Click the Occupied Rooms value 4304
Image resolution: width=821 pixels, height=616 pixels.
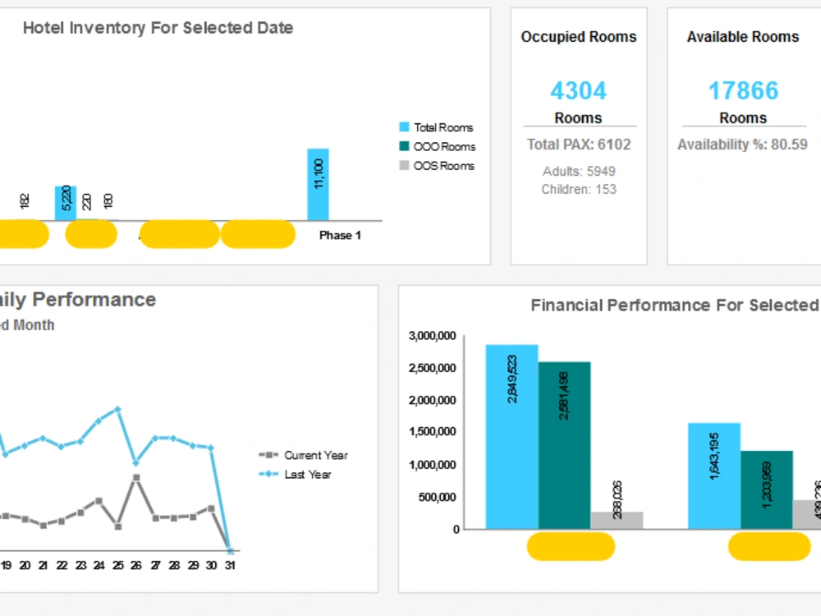point(578,90)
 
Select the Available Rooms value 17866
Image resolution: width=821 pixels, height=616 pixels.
point(743,90)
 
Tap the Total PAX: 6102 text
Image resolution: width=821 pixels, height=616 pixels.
point(578,145)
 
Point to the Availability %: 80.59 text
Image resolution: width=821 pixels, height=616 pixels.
point(742,145)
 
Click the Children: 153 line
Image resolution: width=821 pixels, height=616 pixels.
point(578,189)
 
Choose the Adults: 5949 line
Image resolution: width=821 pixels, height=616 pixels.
point(578,171)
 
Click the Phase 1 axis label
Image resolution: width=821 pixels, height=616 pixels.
point(340,236)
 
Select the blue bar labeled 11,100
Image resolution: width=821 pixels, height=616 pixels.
point(318,185)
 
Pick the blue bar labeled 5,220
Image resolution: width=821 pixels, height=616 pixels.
point(66,203)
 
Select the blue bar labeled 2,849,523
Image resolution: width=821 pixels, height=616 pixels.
point(511,436)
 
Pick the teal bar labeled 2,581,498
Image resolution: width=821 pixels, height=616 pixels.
point(564,444)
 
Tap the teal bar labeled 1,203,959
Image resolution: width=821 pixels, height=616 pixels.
point(766,490)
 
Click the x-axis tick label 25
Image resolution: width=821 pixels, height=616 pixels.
point(117,566)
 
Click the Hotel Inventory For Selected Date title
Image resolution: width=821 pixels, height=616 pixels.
point(158,28)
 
